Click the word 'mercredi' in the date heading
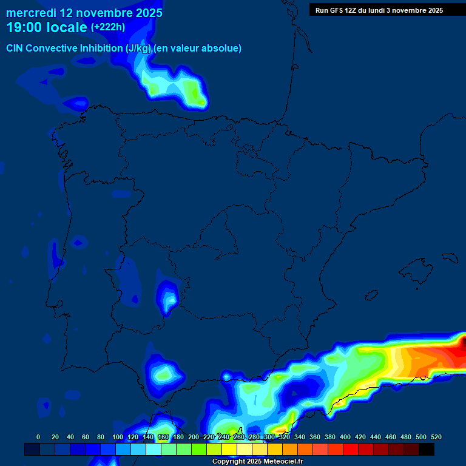click(31, 13)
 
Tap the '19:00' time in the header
click(25, 27)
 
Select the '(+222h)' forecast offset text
click(107, 27)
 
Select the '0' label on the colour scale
click(38, 437)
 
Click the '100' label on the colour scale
click(116, 437)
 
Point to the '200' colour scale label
click(193, 437)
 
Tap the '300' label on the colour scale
click(269, 437)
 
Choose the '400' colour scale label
click(345, 437)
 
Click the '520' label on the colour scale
click(436, 437)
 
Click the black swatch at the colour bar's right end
click(427, 449)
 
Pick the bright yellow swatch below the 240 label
click(229, 449)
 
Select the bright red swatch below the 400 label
click(351, 449)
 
